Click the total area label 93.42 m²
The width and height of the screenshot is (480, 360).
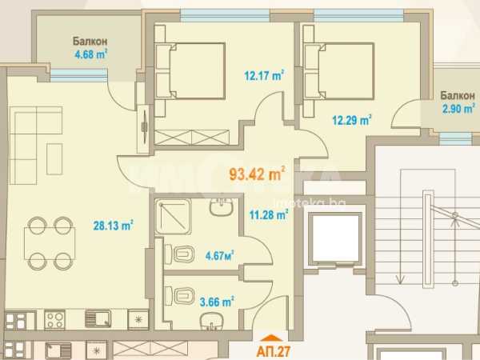point(257,174)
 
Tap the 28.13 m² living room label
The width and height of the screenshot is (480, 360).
point(113,226)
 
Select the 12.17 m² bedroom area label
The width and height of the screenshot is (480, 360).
point(264,75)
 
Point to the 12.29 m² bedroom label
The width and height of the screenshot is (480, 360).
point(352,120)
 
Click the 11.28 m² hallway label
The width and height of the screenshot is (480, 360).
point(269,214)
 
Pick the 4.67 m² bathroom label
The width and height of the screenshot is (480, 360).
point(219,255)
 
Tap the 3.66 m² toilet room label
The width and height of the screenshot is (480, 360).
point(217,302)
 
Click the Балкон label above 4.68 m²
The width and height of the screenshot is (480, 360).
point(90,41)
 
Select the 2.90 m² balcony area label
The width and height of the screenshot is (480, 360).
point(458,108)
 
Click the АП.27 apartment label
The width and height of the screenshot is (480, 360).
point(274,351)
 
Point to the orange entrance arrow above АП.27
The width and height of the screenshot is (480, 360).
point(271,338)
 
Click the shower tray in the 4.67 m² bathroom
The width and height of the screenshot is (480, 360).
point(174,217)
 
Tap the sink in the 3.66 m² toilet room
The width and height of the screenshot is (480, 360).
point(210,322)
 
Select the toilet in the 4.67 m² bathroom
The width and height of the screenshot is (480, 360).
point(180,254)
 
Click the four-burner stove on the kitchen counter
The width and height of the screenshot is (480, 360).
point(54,319)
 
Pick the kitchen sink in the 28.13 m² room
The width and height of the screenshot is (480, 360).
point(98,319)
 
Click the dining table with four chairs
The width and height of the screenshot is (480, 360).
point(50,243)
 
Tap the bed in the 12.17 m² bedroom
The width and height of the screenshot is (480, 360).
point(190,70)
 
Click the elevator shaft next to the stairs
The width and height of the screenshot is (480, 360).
point(335,238)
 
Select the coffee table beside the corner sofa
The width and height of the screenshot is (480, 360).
point(54,159)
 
